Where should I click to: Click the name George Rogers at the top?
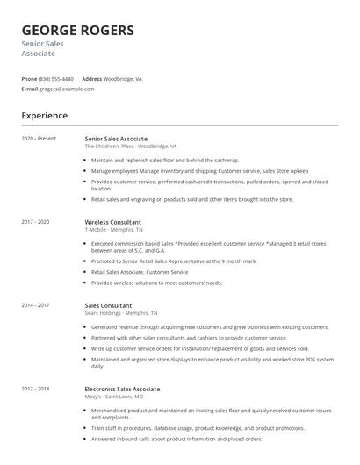point(77,31)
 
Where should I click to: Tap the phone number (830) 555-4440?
point(56,78)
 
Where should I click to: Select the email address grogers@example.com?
point(67,89)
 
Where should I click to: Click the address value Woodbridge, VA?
point(123,78)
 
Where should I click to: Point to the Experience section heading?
point(44,116)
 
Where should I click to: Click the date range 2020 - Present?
point(39,139)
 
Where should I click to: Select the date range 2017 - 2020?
point(36,222)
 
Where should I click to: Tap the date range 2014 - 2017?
point(36,304)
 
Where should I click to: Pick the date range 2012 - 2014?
point(36,388)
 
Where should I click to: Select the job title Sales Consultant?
point(108,304)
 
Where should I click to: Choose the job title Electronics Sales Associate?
point(122,388)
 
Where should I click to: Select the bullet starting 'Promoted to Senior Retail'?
point(174,261)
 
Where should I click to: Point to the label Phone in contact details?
point(29,78)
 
